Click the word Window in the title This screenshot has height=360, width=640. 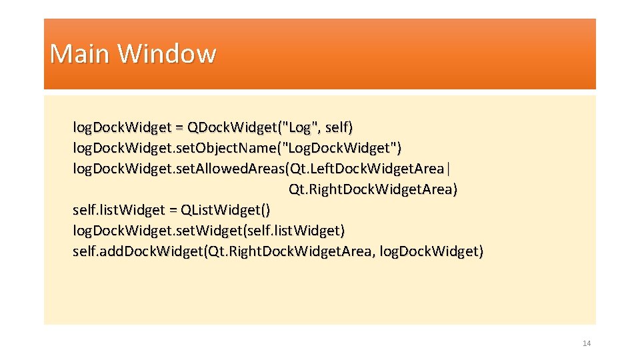point(167,53)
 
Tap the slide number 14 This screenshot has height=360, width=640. point(587,343)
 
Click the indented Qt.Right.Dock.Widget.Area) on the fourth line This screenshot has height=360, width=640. point(373,189)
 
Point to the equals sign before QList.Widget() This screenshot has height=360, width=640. point(172,210)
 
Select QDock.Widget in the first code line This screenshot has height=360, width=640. point(225,127)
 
